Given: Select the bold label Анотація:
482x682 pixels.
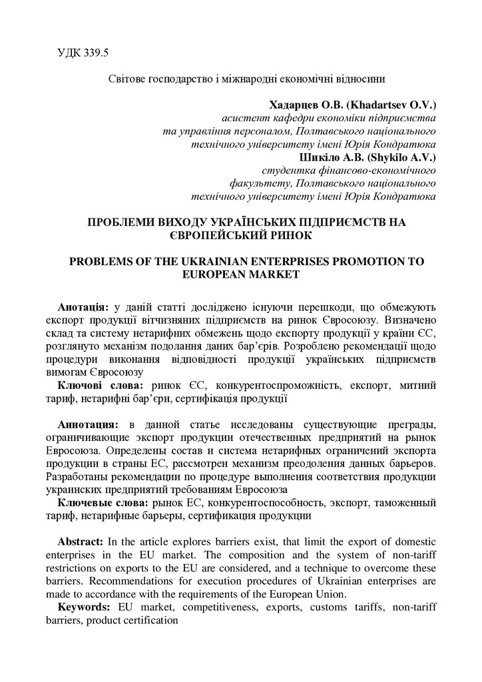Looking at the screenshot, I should [x=84, y=307].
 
